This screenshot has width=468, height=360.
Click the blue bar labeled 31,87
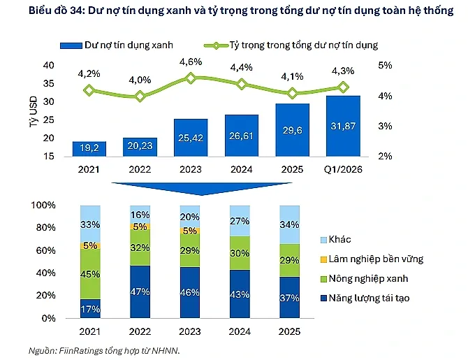[x=343, y=126]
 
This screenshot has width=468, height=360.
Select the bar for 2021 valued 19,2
[x=89, y=149]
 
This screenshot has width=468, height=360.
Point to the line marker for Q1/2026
[x=343, y=87]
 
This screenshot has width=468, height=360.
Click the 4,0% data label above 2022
[x=140, y=80]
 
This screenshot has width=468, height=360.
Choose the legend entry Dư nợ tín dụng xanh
[x=117, y=45]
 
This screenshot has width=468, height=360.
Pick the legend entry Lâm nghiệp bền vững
[x=372, y=259]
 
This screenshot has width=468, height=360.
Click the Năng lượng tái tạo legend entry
[x=365, y=298]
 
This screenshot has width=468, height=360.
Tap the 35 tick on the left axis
[x=49, y=84]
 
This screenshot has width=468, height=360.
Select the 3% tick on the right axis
[x=385, y=126]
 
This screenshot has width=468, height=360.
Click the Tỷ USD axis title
[x=34, y=112]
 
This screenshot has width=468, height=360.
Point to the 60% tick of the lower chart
[x=45, y=250]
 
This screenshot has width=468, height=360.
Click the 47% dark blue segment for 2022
[x=140, y=291]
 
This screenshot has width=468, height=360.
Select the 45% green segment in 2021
[x=90, y=274]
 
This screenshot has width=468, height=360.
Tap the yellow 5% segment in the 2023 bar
[x=190, y=231]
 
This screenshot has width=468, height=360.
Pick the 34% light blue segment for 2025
[x=289, y=224]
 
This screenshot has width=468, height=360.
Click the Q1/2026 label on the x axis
[x=343, y=169]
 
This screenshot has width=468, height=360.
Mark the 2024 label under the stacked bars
[x=240, y=331]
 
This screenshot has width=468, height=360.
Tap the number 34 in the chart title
[x=76, y=10]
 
